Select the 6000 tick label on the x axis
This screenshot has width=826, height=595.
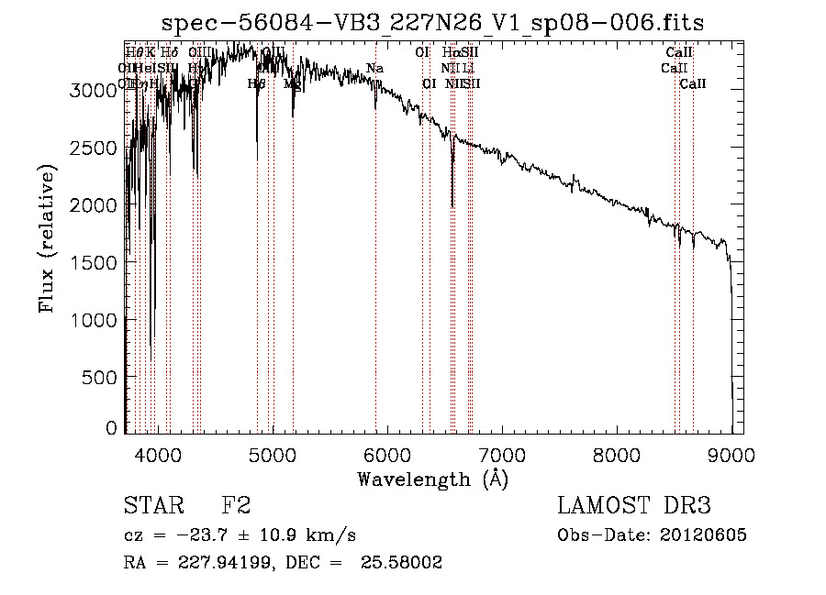387,455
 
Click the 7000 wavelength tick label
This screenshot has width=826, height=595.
502,455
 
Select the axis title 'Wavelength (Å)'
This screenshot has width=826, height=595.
432,479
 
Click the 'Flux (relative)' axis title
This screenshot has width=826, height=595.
48,237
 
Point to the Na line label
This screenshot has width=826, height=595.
374,69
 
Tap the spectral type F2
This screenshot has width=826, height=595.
237,507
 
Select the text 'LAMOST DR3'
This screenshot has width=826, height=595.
634,507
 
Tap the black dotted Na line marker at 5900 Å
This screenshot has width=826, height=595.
375,275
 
